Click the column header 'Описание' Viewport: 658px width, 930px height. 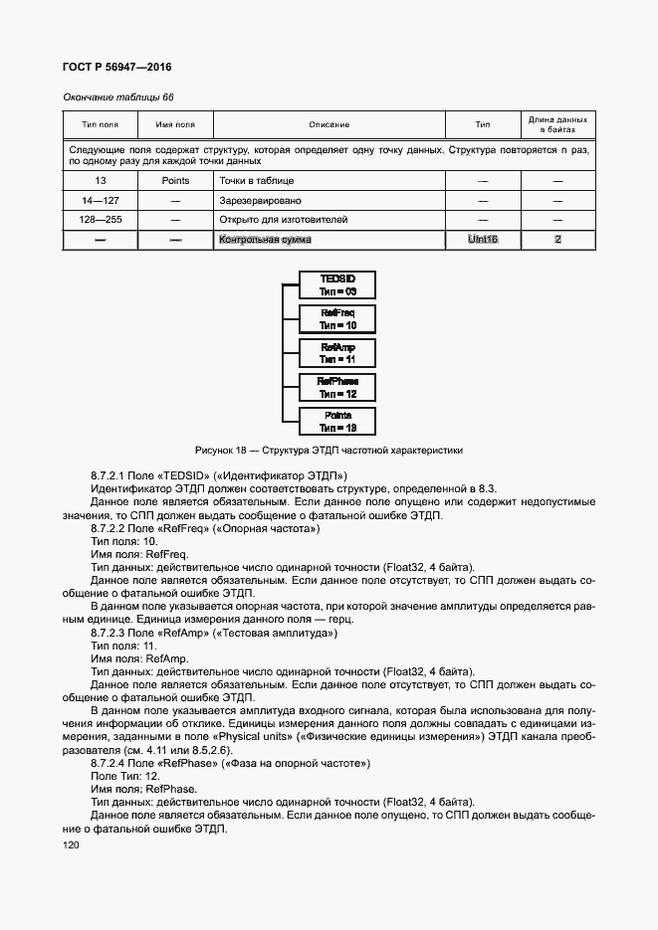click(329, 124)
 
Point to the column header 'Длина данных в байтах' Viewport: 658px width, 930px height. click(557, 124)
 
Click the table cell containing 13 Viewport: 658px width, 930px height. click(100, 181)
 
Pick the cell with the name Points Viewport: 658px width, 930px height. click(175, 181)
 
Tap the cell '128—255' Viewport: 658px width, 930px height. click(100, 220)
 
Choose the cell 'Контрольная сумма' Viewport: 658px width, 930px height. click(265, 240)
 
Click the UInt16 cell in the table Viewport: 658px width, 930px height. click(482, 240)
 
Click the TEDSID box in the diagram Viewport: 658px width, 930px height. click(337, 285)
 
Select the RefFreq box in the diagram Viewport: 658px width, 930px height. click(337, 319)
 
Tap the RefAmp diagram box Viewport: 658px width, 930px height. click(337, 353)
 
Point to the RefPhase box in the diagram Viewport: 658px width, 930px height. click(337, 387)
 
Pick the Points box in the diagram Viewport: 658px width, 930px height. click(337, 421)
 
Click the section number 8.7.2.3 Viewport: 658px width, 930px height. click(111, 633)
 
